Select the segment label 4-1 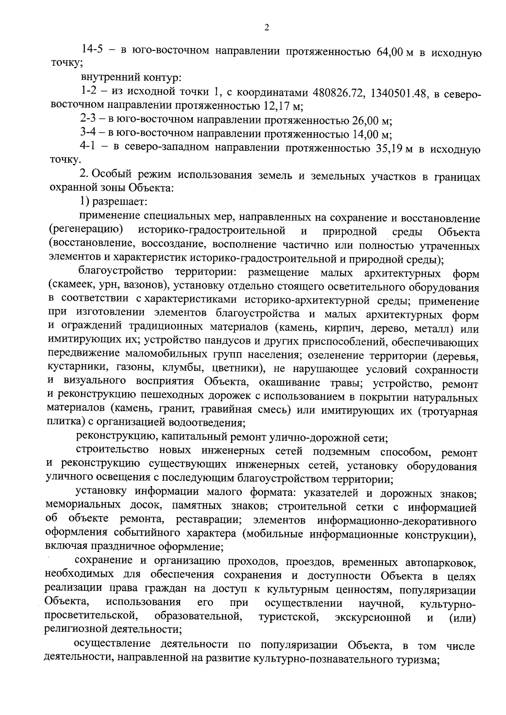pos(89,148)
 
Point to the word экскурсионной pos(373,618)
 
